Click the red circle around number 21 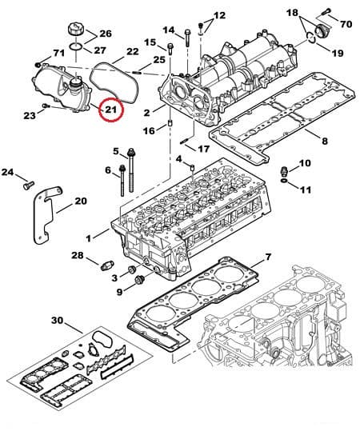(110, 108)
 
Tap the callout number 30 (56, 321)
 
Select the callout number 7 (268, 257)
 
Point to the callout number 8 (324, 142)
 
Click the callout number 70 (346, 25)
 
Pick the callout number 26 (106, 34)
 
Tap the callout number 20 (80, 201)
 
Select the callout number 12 (219, 15)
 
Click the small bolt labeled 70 (328, 14)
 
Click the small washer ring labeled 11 (286, 183)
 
